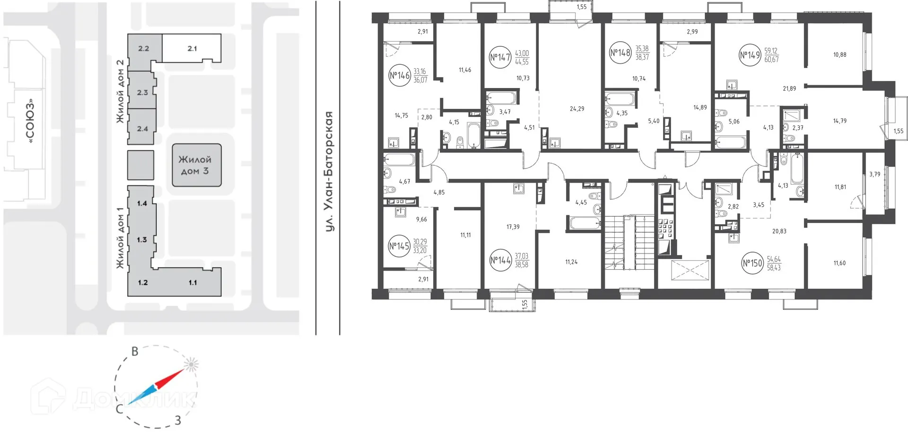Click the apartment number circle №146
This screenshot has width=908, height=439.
tap(399, 76)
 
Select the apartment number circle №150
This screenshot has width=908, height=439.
tap(752, 263)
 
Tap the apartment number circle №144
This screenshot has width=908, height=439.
tap(500, 260)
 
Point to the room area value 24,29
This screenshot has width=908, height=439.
tap(577, 109)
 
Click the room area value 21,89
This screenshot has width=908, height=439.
tap(789, 88)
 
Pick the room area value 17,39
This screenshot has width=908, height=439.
tap(513, 227)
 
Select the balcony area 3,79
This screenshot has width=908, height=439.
tap(874, 175)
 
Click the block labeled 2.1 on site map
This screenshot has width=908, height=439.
tap(192, 48)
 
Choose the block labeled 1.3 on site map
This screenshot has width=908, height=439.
tap(142, 240)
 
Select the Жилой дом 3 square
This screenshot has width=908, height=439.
tap(196, 165)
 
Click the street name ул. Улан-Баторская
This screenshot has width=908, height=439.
tap(329, 171)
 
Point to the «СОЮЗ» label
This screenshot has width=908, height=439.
tap(31, 121)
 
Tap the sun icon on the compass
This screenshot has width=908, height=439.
tap(191, 365)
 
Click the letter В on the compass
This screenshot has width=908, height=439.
tap(135, 351)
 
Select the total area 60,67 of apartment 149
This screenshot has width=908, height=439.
tap(771, 60)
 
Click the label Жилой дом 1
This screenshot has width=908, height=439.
tap(120, 238)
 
